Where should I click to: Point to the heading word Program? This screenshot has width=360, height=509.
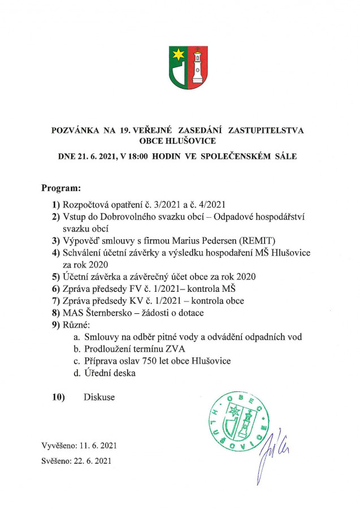(62, 187)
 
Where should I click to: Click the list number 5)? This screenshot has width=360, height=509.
(55, 276)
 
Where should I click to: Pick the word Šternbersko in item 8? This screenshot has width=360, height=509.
(113, 312)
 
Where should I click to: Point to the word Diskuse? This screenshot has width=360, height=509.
(99, 397)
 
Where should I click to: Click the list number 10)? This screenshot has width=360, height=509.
(58, 397)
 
